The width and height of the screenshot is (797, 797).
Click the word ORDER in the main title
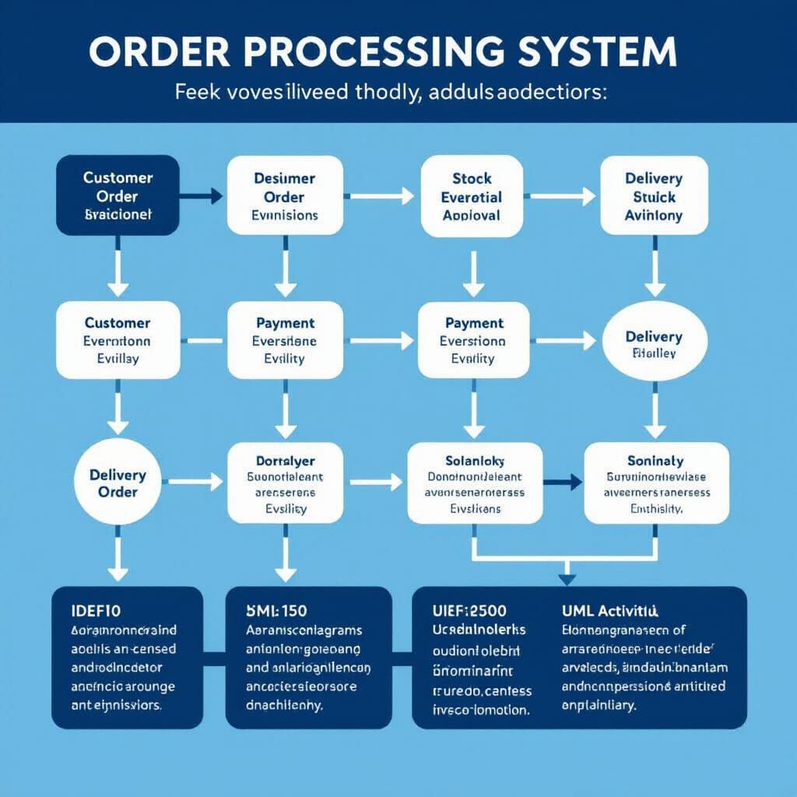point(160,51)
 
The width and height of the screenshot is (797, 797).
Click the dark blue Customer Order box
point(118,195)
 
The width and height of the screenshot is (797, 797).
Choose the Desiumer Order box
point(285,195)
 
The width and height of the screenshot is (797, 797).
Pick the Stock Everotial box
point(471,195)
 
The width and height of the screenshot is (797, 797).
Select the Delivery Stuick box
point(653,195)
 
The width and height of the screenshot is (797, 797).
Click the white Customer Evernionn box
point(118,340)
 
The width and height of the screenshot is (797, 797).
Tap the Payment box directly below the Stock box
point(473,340)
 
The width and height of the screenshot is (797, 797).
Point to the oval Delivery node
point(654,342)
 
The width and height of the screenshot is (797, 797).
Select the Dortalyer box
point(285,483)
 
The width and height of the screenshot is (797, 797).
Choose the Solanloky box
point(475,483)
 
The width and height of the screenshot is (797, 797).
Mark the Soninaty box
point(655,483)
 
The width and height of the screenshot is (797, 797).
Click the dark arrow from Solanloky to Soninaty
point(562,483)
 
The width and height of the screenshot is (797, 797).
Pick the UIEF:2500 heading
point(471,609)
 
